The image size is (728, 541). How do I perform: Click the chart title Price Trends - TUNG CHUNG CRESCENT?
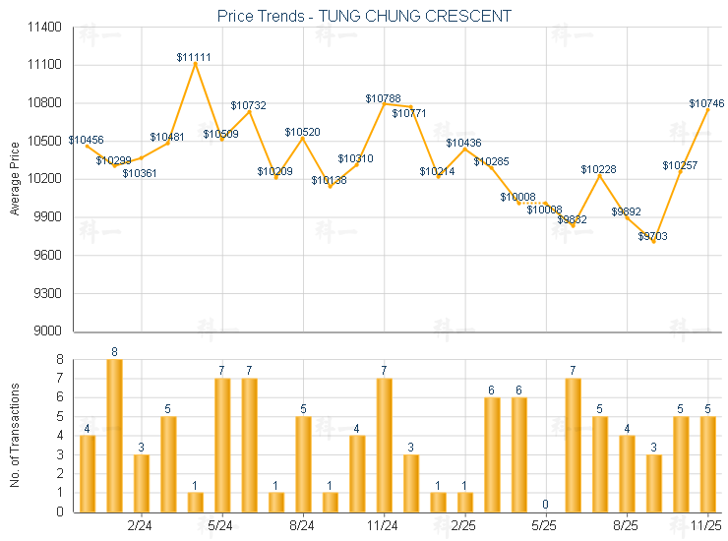point(363,17)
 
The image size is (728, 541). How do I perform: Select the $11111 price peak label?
point(194,57)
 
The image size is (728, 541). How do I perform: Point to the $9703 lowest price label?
point(652,237)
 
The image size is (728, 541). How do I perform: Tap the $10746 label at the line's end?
point(706,103)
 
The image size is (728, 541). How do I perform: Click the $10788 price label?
point(383,98)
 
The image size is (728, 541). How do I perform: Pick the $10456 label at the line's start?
point(86,140)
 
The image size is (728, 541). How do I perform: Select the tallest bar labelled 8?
point(114,435)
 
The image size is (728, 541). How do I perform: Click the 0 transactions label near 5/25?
point(545,505)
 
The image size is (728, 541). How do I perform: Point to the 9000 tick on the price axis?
point(48,331)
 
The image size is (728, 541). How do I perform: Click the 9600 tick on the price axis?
point(48,256)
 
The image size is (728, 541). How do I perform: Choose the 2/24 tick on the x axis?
point(141,526)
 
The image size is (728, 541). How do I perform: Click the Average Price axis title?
point(14,180)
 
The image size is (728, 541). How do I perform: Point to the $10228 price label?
point(598,170)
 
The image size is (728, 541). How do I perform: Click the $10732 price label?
point(248,105)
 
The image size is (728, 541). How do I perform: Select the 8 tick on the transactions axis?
point(58,359)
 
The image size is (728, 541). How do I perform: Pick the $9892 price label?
point(626,211)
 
